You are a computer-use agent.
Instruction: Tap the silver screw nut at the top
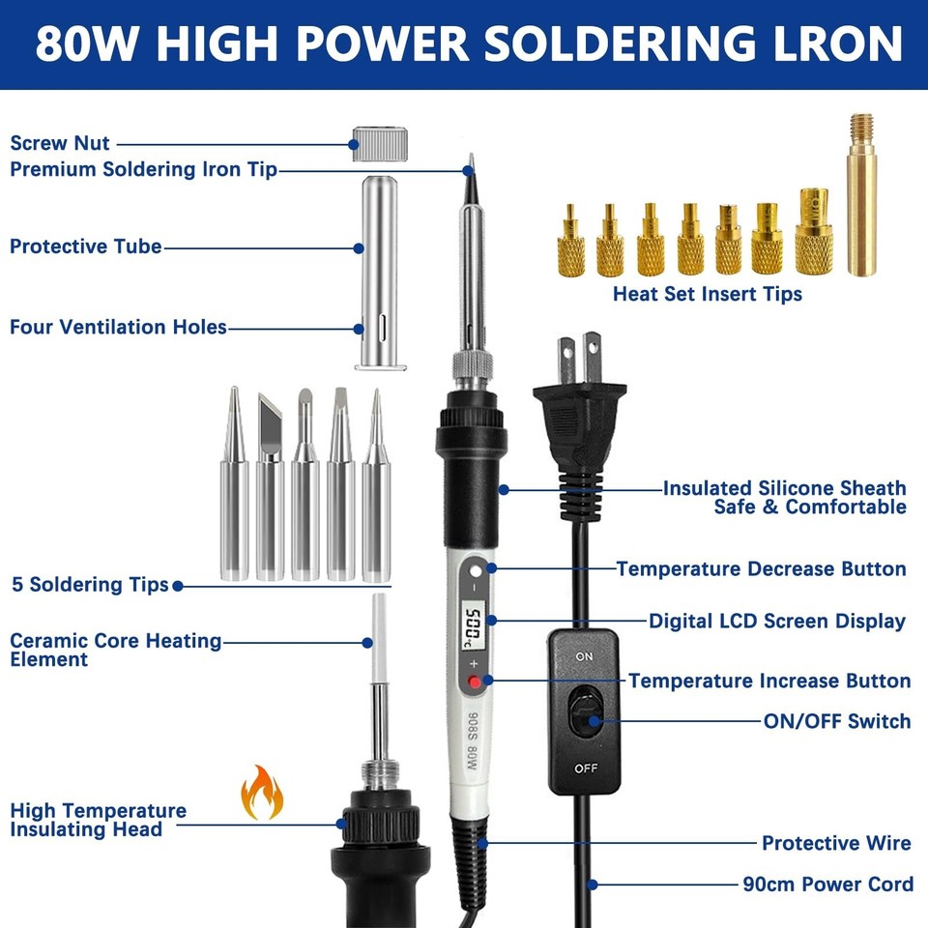(377, 142)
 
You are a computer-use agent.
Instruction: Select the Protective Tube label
(86, 246)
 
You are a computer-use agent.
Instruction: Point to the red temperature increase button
(475, 683)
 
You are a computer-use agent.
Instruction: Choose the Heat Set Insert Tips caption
(707, 293)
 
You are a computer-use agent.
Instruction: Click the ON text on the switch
(584, 656)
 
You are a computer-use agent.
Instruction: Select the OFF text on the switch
(585, 768)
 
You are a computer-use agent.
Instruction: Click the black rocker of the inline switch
(585, 715)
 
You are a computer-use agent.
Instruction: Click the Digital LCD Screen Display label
(777, 621)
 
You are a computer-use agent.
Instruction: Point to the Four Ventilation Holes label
(118, 327)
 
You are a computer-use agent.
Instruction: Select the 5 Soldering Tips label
(90, 585)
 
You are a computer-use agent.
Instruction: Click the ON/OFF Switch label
(837, 720)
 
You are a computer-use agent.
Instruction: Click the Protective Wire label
(836, 843)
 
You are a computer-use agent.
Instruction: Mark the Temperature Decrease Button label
(762, 568)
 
